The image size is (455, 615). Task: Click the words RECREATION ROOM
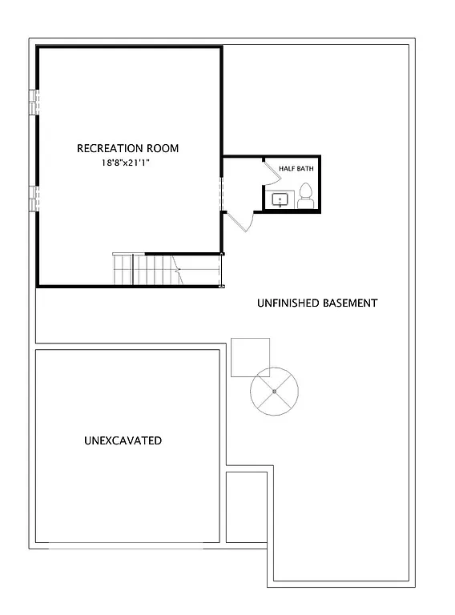tap(127, 148)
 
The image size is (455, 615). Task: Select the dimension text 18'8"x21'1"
tap(127, 163)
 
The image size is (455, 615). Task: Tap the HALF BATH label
tap(296, 169)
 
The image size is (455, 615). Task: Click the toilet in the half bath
tap(305, 195)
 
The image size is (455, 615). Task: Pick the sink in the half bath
tap(280, 199)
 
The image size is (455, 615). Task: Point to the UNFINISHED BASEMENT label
tap(316, 303)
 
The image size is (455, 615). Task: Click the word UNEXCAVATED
tap(123, 440)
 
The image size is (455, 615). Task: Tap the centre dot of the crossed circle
tap(274, 391)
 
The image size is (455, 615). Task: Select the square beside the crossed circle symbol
tap(251, 357)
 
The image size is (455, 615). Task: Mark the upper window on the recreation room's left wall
tap(34, 102)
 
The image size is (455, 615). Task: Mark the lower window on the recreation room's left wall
tap(34, 198)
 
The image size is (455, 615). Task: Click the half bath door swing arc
tap(265, 171)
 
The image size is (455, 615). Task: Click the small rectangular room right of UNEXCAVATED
tap(246, 507)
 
